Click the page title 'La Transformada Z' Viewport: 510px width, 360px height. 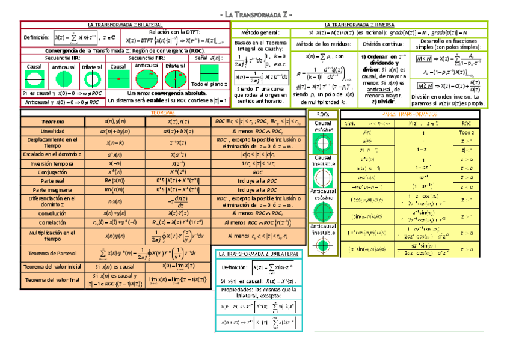pyautogui.click(x=255, y=14)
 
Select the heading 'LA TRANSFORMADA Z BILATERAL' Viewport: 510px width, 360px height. pyautogui.click(x=124, y=24)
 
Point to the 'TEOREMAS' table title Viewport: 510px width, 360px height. pyautogui.click(x=162, y=112)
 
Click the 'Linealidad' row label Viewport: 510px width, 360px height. pyautogui.click(x=52, y=131)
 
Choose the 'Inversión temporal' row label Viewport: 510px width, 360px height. pyautogui.click(x=52, y=163)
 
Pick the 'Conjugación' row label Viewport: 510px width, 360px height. pyautogui.click(x=52, y=172)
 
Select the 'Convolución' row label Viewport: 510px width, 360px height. pyautogui.click(x=52, y=213)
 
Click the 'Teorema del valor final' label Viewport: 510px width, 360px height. pyautogui.click(x=52, y=280)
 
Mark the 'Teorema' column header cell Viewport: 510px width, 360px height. pyautogui.click(x=52, y=121)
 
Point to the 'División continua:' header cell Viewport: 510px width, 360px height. pyautogui.click(x=383, y=44)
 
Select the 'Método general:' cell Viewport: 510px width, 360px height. pyautogui.click(x=260, y=32)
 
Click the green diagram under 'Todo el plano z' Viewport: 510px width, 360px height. pyautogui.click(x=209, y=73)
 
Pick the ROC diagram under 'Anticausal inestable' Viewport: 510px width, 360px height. pyautogui.click(x=322, y=245)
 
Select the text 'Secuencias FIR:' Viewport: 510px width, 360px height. pyautogui.click(x=146, y=58)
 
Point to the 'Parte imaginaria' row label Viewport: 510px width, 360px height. pyautogui.click(x=52, y=189)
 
